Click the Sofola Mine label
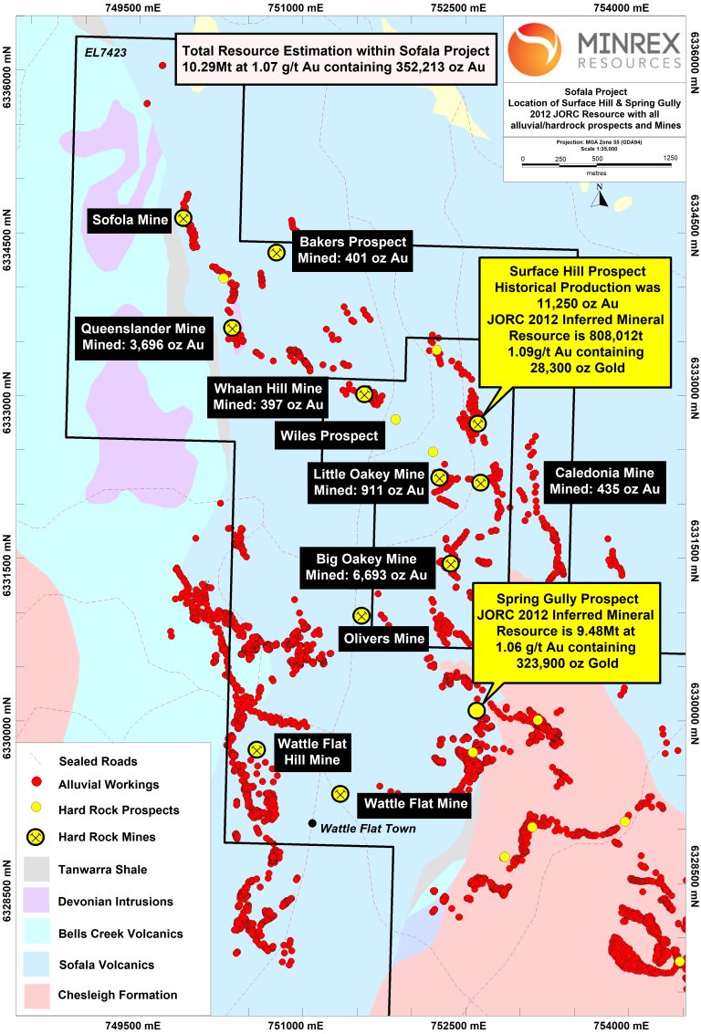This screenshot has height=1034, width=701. pos(130,220)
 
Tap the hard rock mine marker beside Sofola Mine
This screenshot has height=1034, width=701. pos(183,217)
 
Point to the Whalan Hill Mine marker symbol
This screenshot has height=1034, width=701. pos(364,394)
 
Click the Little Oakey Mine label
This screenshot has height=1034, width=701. pos(369,483)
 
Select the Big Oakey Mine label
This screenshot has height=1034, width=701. pos(366,567)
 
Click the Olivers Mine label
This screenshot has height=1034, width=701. pos(383,638)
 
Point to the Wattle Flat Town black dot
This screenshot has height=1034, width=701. pos(312,823)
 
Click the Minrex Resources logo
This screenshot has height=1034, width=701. pos(594,48)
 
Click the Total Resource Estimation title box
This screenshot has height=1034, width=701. pos(337,57)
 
